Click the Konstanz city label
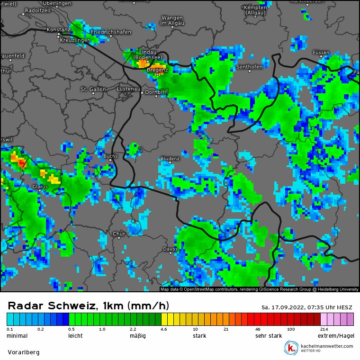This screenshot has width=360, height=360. coord(58,30)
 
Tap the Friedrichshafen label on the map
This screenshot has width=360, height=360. coord(110,32)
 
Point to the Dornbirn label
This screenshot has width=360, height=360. coord(157,92)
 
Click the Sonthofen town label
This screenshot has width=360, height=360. coord(249,67)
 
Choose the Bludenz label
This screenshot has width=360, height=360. coord(170,158)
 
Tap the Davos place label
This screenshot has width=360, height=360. coord(170,249)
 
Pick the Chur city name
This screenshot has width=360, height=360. coord(119,234)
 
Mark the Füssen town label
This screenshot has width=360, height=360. coord(321,52)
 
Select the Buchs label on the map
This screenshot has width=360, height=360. coord(110,156)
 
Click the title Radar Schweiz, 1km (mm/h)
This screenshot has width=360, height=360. coord(88,306)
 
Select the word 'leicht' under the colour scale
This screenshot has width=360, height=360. coord(75,336)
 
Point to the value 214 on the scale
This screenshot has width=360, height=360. coord(324,329)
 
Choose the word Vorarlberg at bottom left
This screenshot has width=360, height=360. coord(24,352)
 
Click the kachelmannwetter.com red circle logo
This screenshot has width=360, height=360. coord(290,348)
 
